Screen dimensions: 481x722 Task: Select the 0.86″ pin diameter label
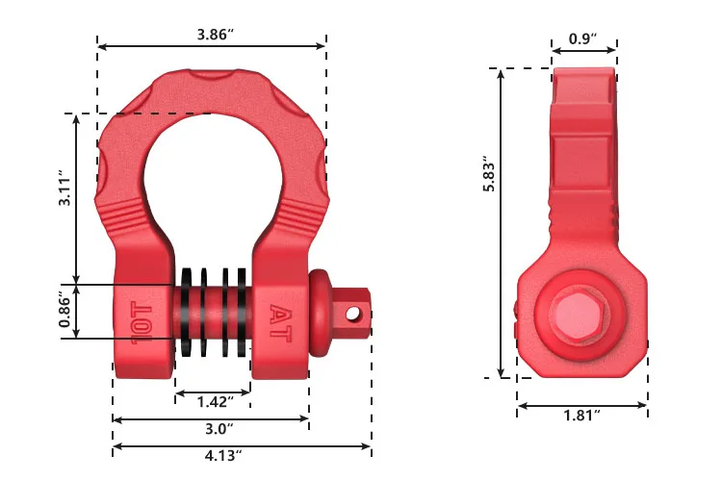64,311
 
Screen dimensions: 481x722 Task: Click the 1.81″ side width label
583,415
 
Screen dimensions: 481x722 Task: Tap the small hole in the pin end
354,313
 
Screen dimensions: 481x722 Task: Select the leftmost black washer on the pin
183,310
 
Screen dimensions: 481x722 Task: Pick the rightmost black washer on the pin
245,310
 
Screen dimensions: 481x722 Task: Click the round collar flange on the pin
320,311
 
